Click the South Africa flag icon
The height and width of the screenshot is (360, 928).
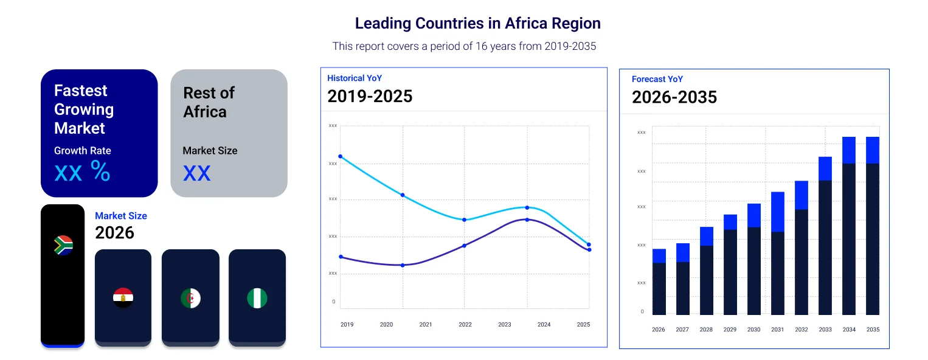[x=63, y=245]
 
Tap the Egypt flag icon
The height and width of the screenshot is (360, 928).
[x=123, y=298]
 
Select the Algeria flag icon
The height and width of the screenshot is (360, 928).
[x=190, y=298]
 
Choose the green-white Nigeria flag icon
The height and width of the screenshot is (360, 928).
[x=257, y=298]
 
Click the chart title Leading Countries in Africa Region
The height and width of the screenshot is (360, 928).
[x=477, y=24]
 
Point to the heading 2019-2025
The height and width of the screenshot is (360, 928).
[x=370, y=96]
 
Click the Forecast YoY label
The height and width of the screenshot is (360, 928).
[x=657, y=79]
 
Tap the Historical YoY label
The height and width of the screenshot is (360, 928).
[x=354, y=78]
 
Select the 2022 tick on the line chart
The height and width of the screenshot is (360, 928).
[x=465, y=325]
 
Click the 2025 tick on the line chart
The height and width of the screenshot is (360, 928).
[x=583, y=325]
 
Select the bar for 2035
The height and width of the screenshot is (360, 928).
[x=873, y=231]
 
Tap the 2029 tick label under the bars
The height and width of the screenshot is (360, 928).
[x=730, y=330]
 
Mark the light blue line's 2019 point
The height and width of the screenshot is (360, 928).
[x=340, y=156]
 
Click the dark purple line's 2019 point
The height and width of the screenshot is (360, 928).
[x=340, y=257]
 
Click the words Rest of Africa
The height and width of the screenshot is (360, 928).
[x=208, y=102]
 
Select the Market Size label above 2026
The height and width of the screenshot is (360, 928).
[x=121, y=216]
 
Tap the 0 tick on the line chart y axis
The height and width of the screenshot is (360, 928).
[x=333, y=302]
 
